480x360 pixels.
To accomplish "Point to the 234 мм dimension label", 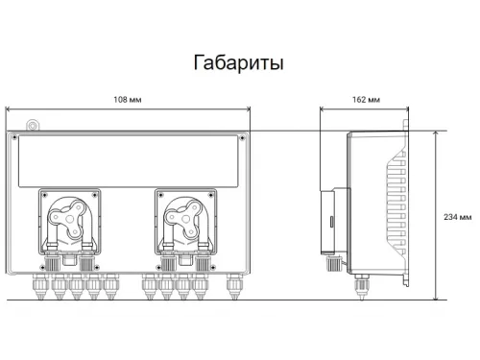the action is pos(460,217).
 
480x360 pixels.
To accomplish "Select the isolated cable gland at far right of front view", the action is pos(232,284).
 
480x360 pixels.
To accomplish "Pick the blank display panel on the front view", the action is pos(127,158).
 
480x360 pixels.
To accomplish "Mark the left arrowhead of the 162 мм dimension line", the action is pos(321,107).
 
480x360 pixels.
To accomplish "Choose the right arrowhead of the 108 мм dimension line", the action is pos(253,107).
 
